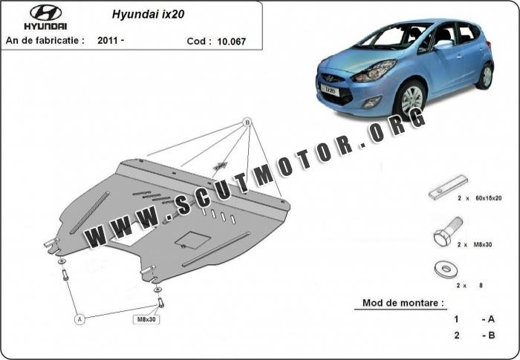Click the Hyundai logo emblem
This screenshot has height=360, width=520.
(x=46, y=12)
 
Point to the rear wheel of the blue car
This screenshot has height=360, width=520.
(x=486, y=75)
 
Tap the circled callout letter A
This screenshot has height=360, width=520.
(x=79, y=318)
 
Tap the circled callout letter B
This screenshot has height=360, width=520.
(x=247, y=122)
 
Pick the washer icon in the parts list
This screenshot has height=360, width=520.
(x=447, y=268)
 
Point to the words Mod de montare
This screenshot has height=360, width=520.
(x=403, y=303)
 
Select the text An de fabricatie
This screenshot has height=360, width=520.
(x=45, y=40)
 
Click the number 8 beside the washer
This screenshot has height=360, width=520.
(x=481, y=285)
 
